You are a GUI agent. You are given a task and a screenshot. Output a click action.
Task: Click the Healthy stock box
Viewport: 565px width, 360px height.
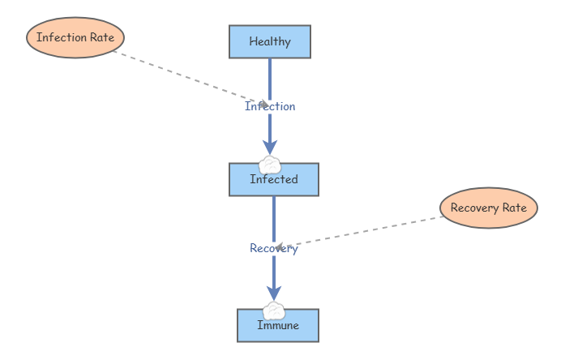tap(270, 42)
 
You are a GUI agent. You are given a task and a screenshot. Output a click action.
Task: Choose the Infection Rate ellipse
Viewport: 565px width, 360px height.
tap(75, 37)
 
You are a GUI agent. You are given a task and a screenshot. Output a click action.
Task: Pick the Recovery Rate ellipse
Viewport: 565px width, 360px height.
tap(489, 208)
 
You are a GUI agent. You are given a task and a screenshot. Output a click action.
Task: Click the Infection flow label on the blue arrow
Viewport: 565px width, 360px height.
tap(270, 106)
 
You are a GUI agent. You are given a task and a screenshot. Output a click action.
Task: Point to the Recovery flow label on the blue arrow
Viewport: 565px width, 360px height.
tap(274, 249)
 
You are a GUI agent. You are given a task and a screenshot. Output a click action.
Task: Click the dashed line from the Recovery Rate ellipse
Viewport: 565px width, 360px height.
tap(365, 231)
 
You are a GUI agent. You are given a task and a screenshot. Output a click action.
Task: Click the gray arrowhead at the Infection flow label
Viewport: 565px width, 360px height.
tap(262, 104)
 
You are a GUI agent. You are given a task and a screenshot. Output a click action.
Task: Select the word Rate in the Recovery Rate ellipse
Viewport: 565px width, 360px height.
tap(515, 208)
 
